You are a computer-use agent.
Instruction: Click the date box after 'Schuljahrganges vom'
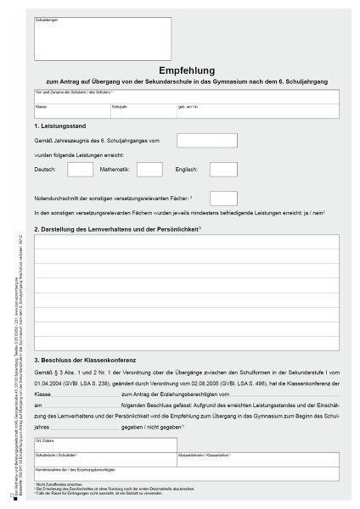click(x=201, y=141)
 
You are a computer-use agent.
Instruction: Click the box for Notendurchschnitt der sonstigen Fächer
click(x=222, y=198)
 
